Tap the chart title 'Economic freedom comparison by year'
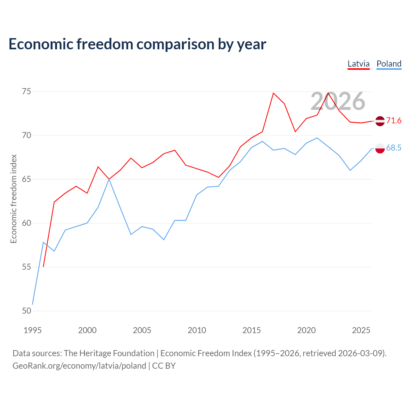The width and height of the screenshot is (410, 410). [x=137, y=45]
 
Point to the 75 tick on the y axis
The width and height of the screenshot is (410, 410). [x=27, y=92]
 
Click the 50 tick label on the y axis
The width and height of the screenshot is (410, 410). [x=27, y=311]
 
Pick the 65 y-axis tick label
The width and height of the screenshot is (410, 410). [x=27, y=179]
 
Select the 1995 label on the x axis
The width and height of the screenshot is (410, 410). [x=33, y=330]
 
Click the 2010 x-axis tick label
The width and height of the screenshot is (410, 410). [x=197, y=330]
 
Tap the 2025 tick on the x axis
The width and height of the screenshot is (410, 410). [x=361, y=330]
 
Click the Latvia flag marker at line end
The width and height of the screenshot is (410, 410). [x=380, y=121]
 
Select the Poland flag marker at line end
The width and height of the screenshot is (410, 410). [x=380, y=148]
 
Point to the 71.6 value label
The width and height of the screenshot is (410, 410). [x=394, y=121]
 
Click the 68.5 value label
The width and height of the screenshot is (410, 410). [x=394, y=148]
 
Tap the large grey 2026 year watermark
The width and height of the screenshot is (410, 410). [x=338, y=101]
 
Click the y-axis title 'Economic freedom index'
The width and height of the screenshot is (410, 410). [x=14, y=199]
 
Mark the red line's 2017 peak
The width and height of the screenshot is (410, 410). [x=274, y=93]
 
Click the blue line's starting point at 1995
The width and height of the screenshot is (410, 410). [x=32, y=305]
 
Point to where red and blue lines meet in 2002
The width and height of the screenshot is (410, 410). [x=109, y=179]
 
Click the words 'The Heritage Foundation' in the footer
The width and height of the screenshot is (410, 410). [x=109, y=353]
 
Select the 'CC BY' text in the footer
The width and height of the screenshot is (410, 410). [x=164, y=366]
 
